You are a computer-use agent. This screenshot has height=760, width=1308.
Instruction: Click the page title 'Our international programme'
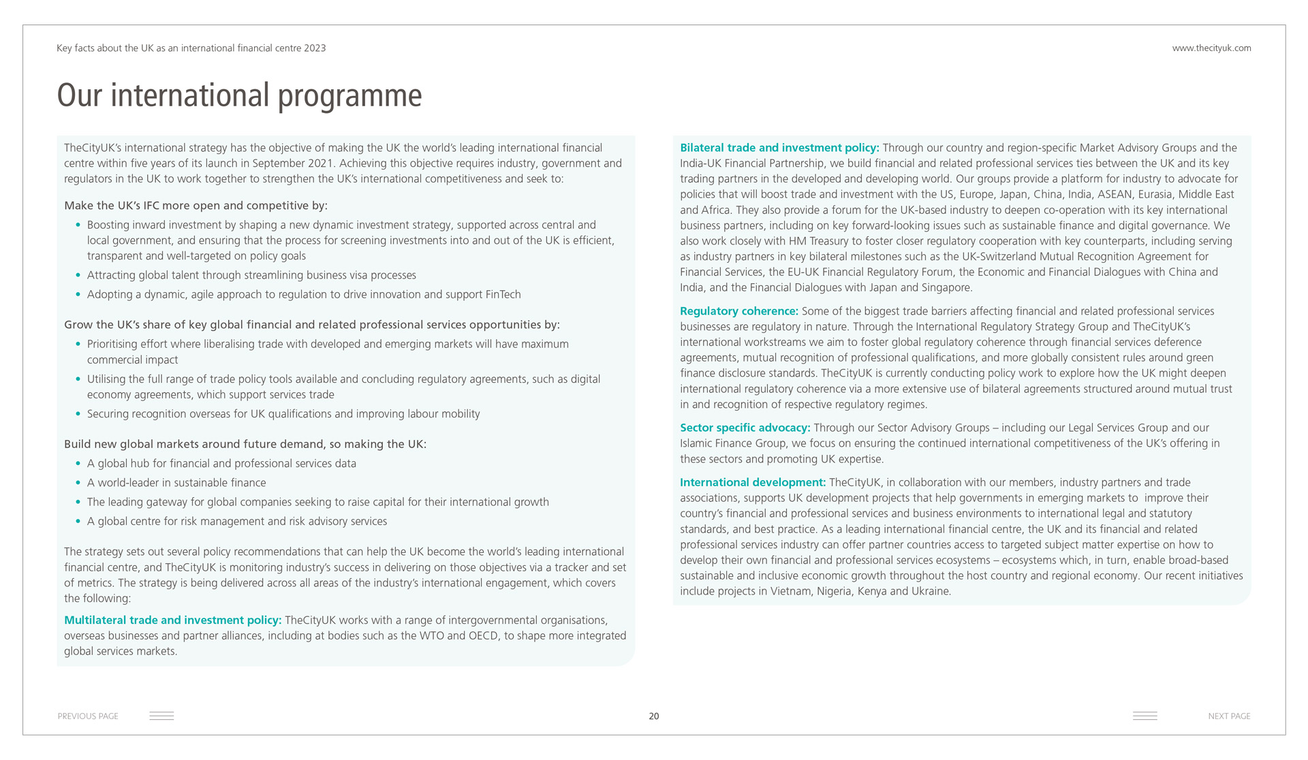click(239, 95)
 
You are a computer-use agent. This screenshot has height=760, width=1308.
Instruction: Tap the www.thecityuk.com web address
click(1211, 48)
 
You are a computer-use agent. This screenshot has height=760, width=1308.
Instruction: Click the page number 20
click(654, 716)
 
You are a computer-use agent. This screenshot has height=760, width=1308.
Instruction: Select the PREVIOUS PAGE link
click(88, 716)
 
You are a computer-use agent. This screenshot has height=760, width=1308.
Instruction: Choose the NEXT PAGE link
click(1229, 716)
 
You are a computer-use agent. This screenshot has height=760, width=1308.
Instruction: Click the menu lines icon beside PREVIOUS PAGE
click(161, 716)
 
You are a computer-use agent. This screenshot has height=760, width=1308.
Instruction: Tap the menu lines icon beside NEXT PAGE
click(1144, 716)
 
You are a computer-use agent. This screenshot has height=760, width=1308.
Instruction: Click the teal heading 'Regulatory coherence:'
click(738, 311)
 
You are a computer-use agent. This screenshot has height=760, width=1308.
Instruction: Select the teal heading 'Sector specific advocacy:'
click(745, 428)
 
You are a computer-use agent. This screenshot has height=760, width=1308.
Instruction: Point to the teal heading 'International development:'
click(752, 483)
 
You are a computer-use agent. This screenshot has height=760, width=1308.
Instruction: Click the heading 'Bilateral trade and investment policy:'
click(779, 148)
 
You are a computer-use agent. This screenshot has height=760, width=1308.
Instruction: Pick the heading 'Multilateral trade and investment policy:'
click(172, 620)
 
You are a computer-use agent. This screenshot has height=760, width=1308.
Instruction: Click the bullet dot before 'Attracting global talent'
click(78, 276)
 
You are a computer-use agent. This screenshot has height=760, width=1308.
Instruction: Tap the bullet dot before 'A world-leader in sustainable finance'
click(78, 483)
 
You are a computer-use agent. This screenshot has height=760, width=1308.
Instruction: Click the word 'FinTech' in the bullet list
click(503, 295)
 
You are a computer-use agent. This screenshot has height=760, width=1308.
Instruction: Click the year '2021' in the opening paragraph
click(323, 163)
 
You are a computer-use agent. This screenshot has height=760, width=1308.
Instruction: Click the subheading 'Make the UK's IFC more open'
click(196, 206)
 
